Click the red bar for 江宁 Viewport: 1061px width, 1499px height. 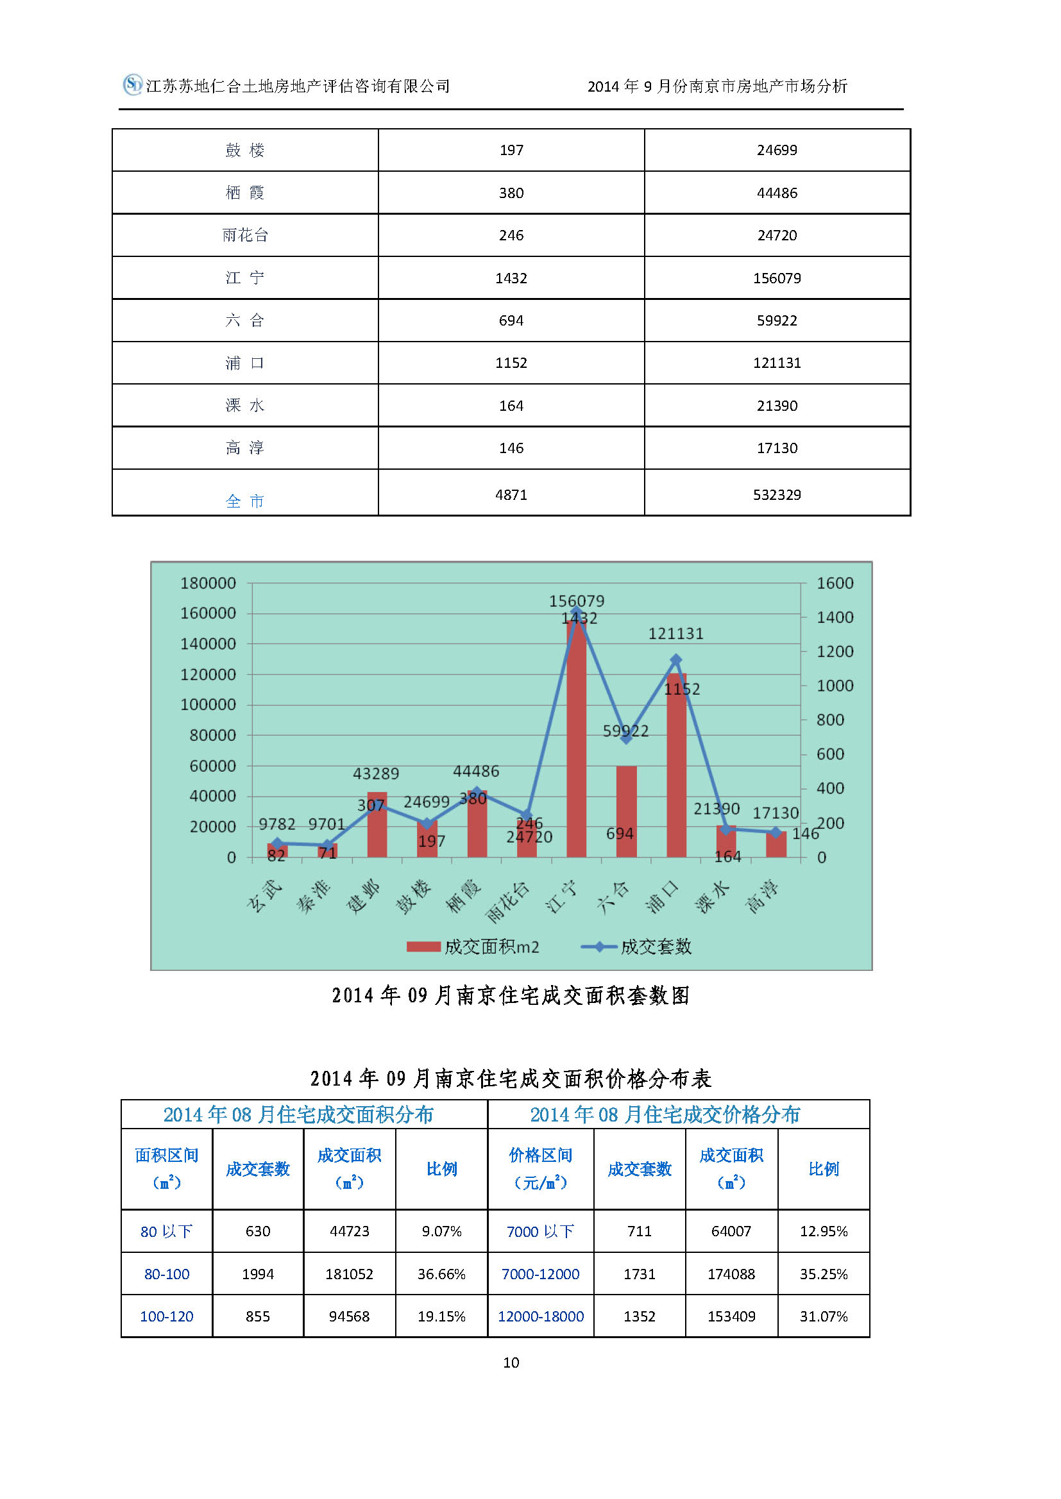point(576,738)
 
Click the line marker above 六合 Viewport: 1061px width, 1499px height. point(626,738)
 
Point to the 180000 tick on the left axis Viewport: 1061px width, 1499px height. point(208,583)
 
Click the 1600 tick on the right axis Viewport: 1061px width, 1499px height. point(835,583)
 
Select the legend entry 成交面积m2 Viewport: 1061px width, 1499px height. point(473,947)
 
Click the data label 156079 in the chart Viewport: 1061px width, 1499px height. point(576,600)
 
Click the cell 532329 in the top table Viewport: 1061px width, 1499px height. point(777,495)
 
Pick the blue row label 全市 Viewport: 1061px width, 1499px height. point(245,501)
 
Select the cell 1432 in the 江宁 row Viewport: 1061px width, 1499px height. point(511,278)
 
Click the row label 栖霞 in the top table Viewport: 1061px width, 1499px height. point(245,193)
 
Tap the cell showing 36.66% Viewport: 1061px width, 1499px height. point(441,1274)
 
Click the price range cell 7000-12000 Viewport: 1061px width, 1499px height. point(540,1274)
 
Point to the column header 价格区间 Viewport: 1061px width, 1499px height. point(540,1169)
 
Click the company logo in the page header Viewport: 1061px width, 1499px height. point(133,84)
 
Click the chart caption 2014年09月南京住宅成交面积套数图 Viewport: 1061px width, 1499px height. point(511,996)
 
